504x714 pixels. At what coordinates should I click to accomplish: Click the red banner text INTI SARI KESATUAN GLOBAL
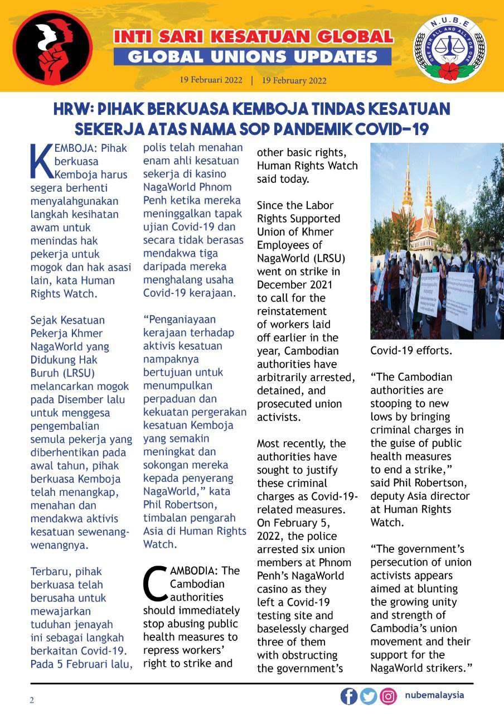coord(254,37)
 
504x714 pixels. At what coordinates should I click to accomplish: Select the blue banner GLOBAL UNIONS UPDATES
coord(253,56)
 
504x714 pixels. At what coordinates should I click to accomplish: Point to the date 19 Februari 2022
coord(211,80)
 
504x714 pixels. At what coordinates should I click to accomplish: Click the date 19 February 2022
coord(294,80)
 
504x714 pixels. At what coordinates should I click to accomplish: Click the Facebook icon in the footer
coord(348,696)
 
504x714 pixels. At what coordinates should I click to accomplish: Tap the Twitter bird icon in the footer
coord(368,696)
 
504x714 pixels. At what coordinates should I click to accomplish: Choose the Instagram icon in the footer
coord(388,696)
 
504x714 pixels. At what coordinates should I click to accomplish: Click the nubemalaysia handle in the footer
coord(434,696)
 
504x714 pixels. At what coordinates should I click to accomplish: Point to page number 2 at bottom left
coord(32,701)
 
